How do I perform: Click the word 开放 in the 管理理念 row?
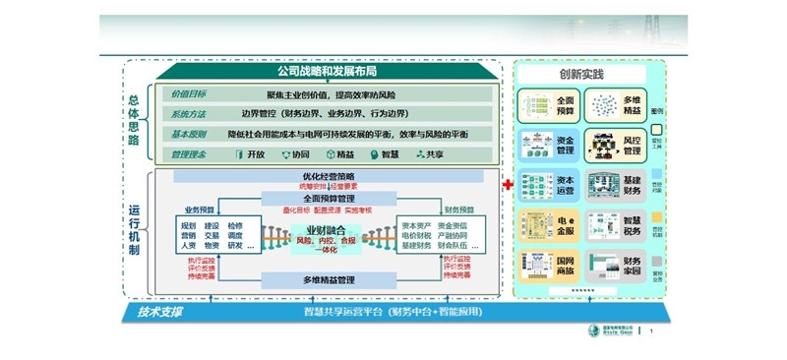pyautogui.click(x=253, y=154)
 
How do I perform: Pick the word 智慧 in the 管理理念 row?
pyautogui.click(x=388, y=154)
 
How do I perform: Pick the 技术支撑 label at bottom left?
pyautogui.click(x=159, y=314)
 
